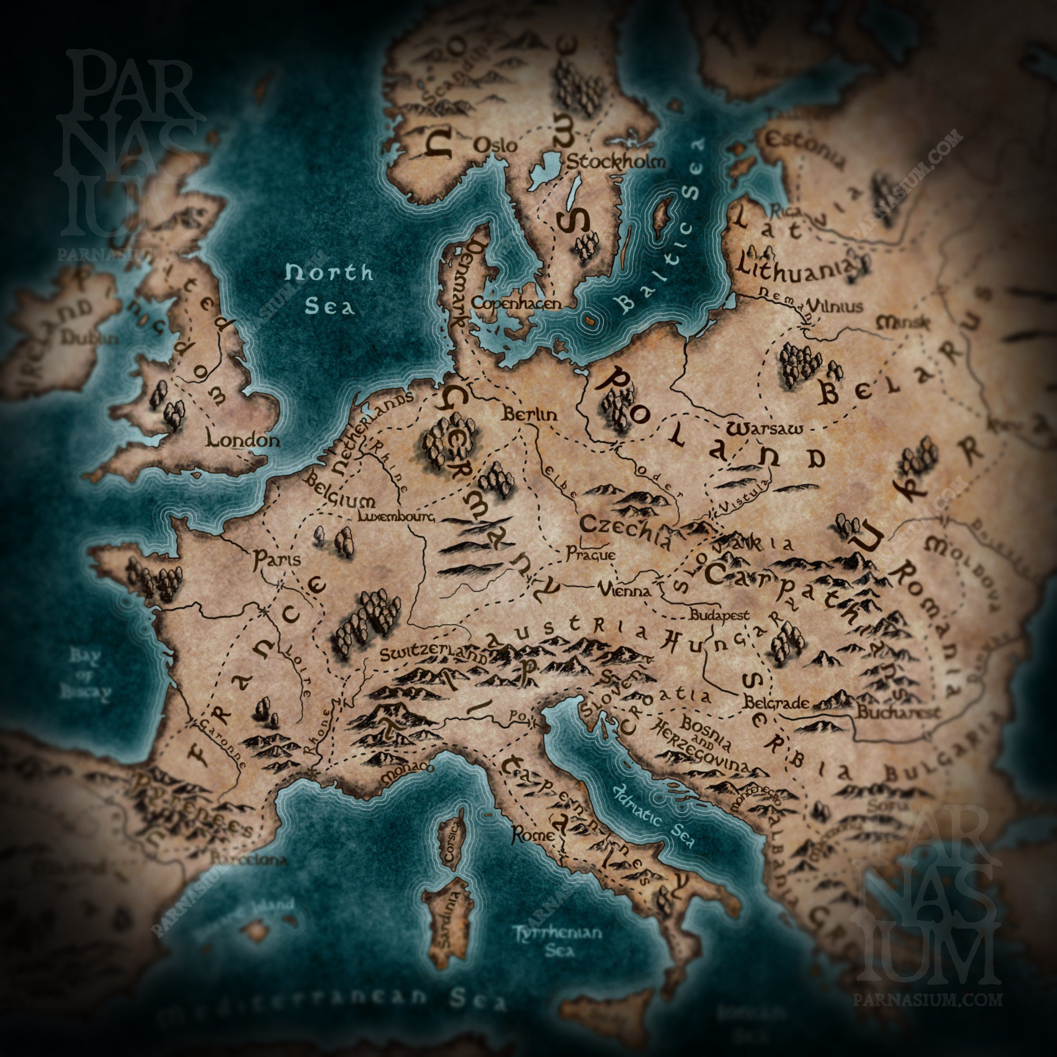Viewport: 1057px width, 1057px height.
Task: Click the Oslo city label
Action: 495,145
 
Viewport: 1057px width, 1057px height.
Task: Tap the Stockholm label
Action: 616,162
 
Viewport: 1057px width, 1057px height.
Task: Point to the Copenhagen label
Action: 516,303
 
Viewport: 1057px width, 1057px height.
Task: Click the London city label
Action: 243,439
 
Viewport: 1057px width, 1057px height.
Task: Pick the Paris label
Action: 277,559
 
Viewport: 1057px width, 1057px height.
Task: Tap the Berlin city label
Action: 530,414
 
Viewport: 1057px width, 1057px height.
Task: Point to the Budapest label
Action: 718,615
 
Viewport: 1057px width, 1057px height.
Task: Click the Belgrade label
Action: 776,703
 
